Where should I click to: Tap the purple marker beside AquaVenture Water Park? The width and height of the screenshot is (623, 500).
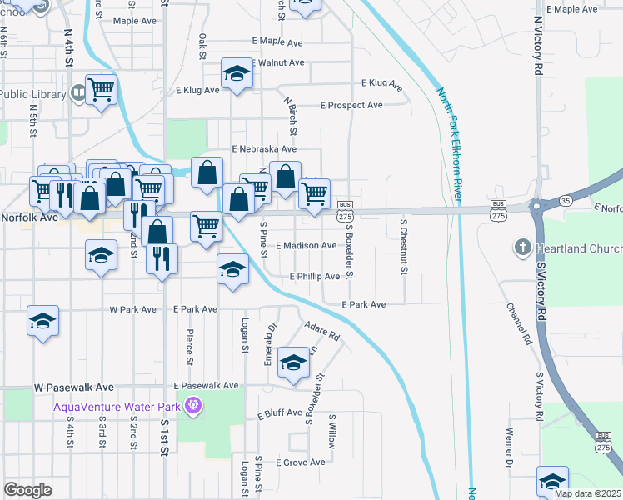pyautogui.click(x=193, y=407)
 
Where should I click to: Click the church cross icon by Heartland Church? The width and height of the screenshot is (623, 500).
pyautogui.click(x=522, y=247)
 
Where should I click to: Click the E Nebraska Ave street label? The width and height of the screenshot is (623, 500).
pyautogui.click(x=266, y=148)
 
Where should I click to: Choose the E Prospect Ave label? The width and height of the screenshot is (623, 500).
pyautogui.click(x=351, y=105)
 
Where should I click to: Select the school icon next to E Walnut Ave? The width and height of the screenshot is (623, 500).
pyautogui.click(x=237, y=75)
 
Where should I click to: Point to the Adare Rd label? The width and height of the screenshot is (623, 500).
pyautogui.click(x=322, y=331)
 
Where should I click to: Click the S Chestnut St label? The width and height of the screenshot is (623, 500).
pyautogui.click(x=404, y=247)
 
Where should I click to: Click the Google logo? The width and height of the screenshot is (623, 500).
pyautogui.click(x=27, y=490)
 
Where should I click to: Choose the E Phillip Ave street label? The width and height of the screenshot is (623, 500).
pyautogui.click(x=315, y=276)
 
